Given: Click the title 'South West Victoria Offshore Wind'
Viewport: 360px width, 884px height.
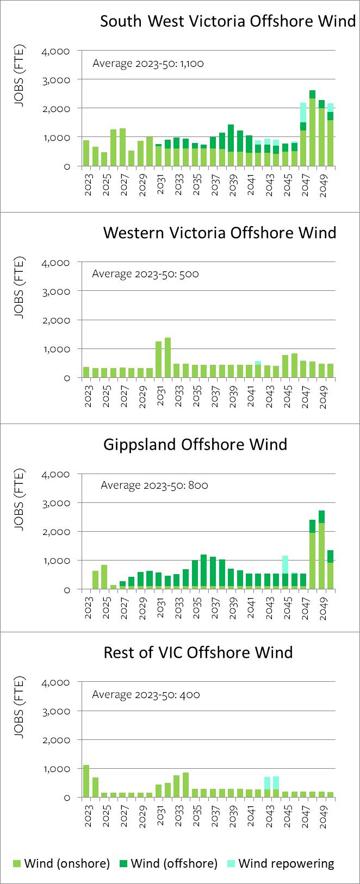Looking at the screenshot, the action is (228, 21).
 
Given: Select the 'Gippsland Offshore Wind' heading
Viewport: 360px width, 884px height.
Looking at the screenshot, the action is (195, 444).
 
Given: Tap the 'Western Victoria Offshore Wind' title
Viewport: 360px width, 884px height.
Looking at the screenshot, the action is (220, 233).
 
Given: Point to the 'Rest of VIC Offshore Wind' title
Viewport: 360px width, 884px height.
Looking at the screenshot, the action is (198, 652).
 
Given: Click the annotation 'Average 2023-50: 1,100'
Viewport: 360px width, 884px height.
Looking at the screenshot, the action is (148, 64).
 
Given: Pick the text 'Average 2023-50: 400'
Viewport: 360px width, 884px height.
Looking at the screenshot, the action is (146, 694).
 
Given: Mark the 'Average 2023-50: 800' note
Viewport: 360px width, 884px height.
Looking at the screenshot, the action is (154, 484).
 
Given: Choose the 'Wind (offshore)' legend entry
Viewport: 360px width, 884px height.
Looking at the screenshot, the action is (169, 863).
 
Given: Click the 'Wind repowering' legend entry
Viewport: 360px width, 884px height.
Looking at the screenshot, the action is (281, 863).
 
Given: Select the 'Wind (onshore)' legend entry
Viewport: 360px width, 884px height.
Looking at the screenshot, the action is (61, 863).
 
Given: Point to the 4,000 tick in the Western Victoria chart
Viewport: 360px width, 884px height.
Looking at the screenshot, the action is (55, 263).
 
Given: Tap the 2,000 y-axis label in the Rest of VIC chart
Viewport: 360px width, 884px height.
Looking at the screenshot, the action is (55, 740).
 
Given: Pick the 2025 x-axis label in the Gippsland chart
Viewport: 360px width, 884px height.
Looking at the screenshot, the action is (106, 608).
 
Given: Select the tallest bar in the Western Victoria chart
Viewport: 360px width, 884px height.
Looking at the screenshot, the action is (167, 358).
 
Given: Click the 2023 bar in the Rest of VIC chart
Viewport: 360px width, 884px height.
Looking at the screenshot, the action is (86, 781).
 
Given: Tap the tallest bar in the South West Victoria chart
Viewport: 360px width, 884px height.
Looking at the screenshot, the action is (312, 128).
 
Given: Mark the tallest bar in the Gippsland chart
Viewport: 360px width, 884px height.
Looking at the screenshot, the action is (321, 550).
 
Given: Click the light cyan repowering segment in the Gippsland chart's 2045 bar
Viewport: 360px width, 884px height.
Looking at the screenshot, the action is (285, 565).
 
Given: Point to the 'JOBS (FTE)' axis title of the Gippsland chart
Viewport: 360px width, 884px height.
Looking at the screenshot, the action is (20, 500).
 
